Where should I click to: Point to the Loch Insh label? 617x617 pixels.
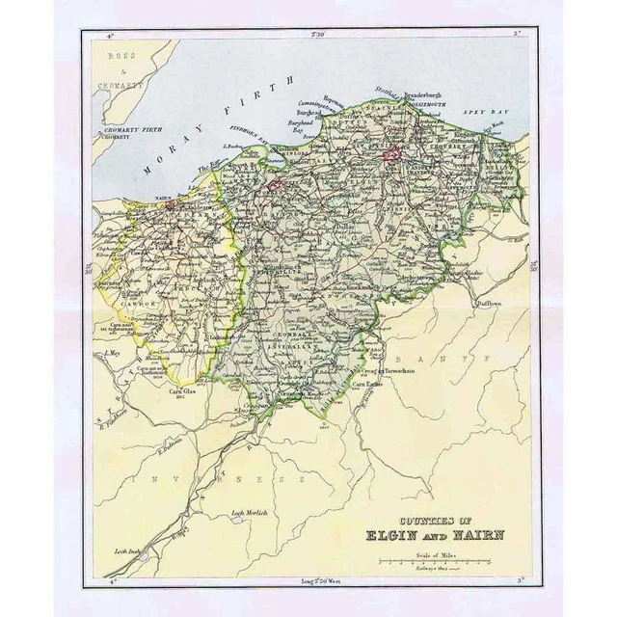click(x=128, y=551)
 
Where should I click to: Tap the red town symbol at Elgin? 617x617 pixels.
click(x=392, y=153)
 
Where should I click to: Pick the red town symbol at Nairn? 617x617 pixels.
click(x=170, y=203)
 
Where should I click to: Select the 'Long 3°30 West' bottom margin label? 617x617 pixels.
click(x=315, y=579)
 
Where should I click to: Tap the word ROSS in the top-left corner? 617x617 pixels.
click(x=123, y=56)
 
